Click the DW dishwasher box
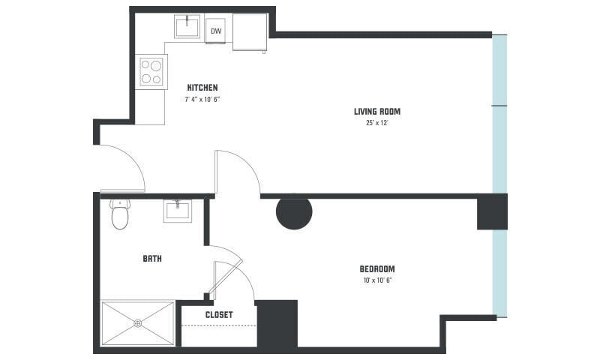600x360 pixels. click(x=215, y=31)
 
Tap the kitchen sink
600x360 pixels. click(x=187, y=27)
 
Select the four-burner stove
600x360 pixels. click(x=151, y=71)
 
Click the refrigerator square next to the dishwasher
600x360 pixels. click(x=250, y=31)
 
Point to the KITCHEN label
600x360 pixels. click(x=202, y=88)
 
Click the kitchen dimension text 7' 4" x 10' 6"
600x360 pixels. click(x=202, y=99)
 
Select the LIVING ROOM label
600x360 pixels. click(x=372, y=112)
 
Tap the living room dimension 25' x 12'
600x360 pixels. click(x=372, y=122)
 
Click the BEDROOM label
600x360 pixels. click(x=376, y=268)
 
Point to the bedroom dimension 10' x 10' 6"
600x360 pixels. click(x=376, y=280)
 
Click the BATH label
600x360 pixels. click(x=152, y=259)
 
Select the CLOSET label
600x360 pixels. click(x=219, y=315)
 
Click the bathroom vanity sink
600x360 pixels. click(x=177, y=210)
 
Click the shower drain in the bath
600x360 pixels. click(x=138, y=323)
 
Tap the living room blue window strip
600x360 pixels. click(x=499, y=112)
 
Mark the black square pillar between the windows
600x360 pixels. click(x=492, y=211)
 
